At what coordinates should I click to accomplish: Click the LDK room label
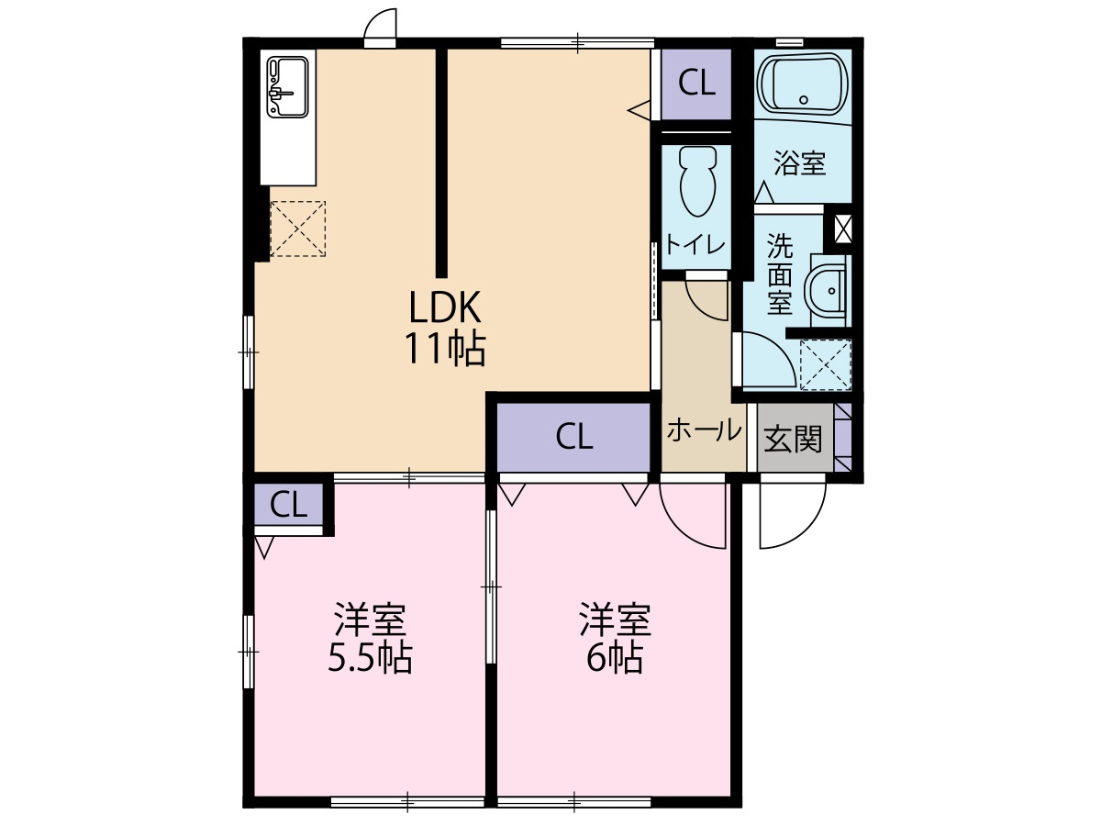[x=445, y=307]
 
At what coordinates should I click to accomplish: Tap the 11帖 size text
[x=445, y=349]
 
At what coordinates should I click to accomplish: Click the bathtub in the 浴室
[x=803, y=86]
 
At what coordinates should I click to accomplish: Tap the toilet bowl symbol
[x=697, y=181]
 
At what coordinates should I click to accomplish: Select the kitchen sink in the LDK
[x=287, y=87]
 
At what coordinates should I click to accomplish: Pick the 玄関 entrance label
[x=793, y=440]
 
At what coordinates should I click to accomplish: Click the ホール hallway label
[x=704, y=430]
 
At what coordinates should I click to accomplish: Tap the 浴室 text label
[x=799, y=163]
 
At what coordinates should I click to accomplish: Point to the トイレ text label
[x=695, y=246]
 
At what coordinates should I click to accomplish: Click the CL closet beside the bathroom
[x=696, y=84]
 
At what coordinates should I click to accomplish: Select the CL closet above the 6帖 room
[x=573, y=438]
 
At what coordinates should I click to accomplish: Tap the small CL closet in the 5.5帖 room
[x=288, y=505]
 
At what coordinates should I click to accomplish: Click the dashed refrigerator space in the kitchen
[x=298, y=229]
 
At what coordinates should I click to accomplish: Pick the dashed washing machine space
[x=826, y=364]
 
